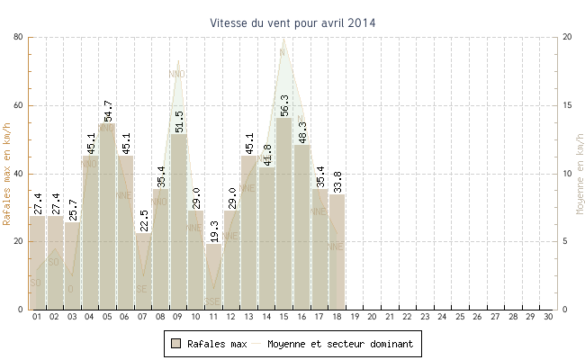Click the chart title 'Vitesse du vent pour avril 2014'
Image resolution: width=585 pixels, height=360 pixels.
point(293,22)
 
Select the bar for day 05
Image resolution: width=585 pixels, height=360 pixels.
point(107,216)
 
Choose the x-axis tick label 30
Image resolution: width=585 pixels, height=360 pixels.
point(548,317)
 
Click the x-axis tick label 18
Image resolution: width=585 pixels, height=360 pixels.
point(337,317)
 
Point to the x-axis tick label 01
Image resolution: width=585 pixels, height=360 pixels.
point(37,317)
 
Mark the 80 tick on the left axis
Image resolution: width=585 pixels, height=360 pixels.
point(19,37)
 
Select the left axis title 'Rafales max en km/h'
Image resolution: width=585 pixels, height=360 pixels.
point(8,173)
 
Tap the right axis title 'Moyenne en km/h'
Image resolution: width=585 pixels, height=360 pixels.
point(579,173)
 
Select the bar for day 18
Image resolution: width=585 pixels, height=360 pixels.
point(337,252)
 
